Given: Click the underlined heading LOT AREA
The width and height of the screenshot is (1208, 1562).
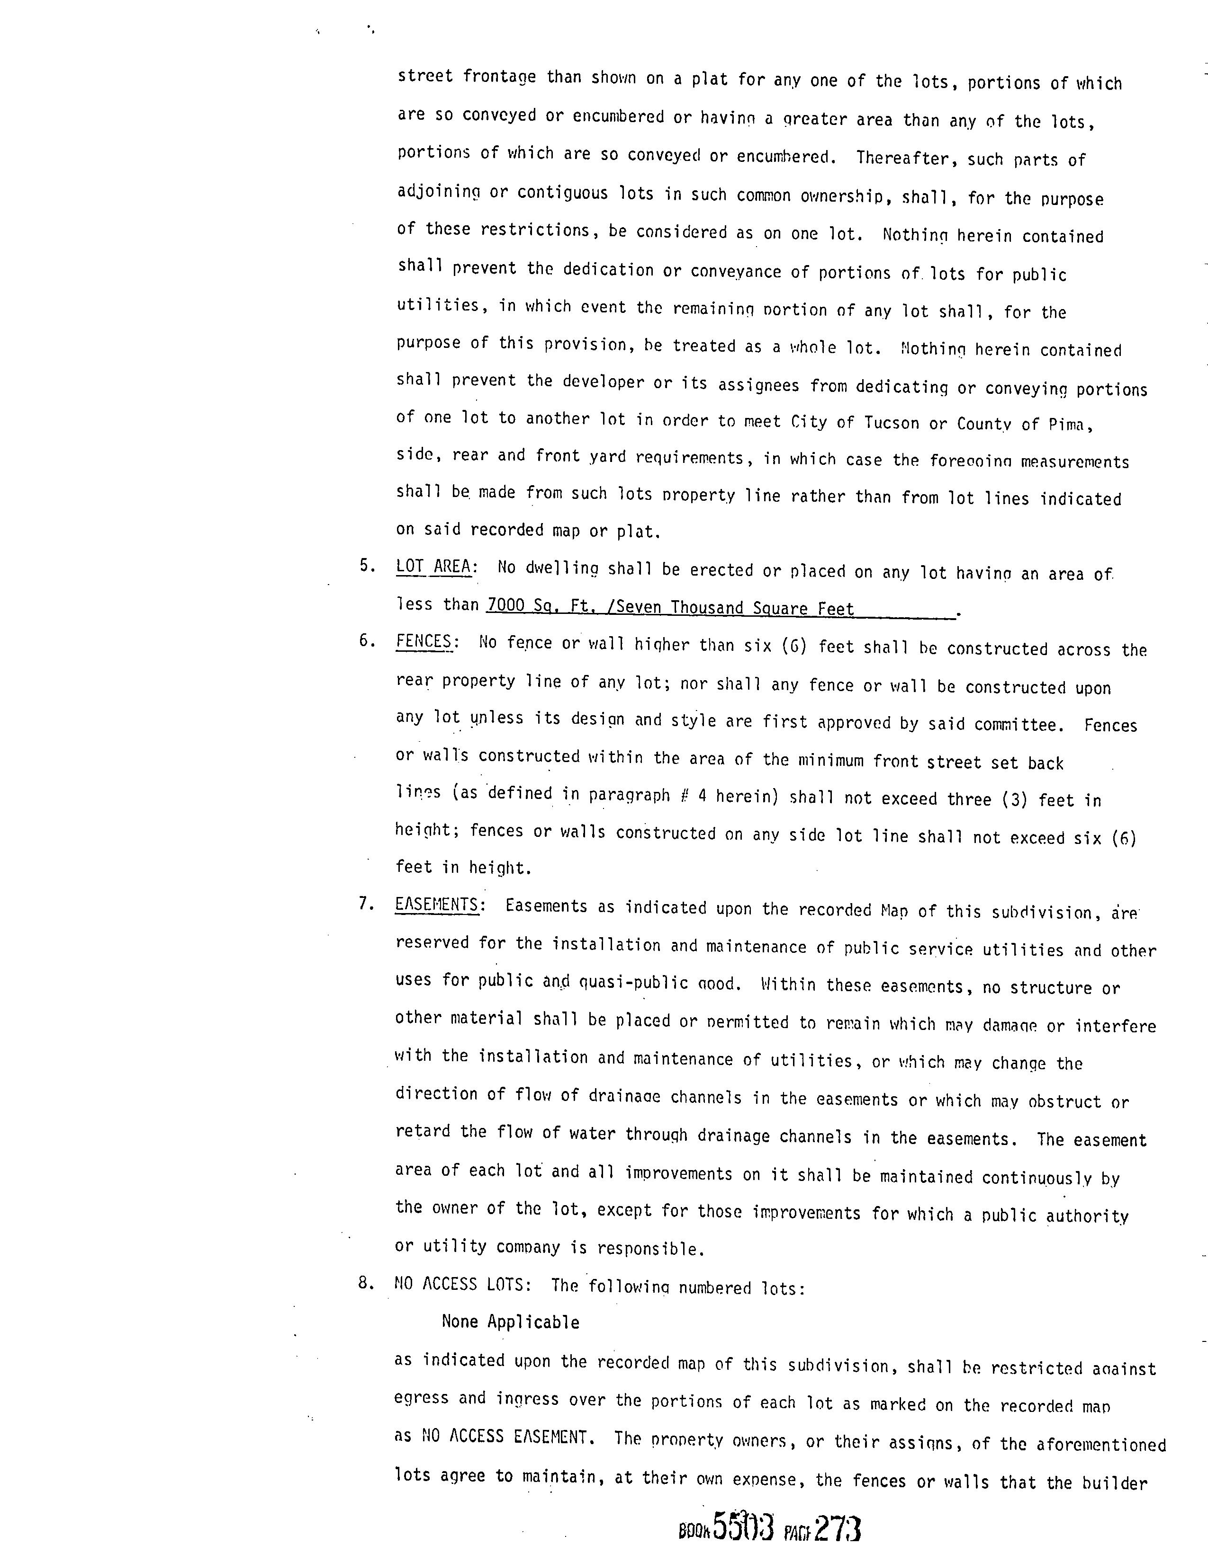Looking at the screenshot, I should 433,567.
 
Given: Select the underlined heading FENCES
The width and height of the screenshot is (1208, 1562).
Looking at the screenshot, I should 424,641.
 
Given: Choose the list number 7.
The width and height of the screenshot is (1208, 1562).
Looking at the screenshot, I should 366,904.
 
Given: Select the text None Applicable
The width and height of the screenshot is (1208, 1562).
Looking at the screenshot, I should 510,1322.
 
